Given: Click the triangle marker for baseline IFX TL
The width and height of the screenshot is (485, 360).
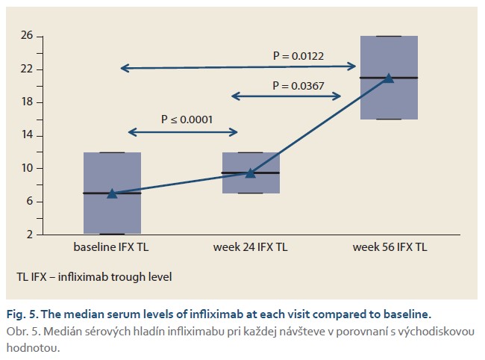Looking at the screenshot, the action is point(112,193).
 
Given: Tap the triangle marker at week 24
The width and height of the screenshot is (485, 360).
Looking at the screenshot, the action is point(251,173).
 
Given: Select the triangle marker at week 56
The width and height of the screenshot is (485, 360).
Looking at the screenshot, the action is point(389,78).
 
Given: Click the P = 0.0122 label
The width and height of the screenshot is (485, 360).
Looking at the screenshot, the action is point(298,56).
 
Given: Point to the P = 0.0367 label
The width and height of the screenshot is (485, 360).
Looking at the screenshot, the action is point(298,86).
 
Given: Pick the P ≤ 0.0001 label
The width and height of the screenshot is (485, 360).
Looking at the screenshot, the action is point(187,120).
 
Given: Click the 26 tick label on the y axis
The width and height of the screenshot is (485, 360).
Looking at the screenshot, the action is point(27,35).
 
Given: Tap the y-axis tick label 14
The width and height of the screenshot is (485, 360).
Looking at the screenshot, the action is point(27,134).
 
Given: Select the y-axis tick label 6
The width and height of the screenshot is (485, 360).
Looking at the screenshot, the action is point(30,201).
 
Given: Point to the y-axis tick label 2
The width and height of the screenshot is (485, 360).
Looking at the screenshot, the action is point(30,235).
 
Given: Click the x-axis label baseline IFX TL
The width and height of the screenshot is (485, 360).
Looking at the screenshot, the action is point(111,247).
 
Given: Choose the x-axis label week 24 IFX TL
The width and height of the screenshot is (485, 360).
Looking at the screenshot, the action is point(250,247).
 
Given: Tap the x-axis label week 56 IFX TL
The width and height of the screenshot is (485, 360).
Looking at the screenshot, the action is point(389,247).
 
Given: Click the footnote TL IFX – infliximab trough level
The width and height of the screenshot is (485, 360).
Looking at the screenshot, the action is point(94,277).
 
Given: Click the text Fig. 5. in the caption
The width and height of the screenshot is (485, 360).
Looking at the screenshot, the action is point(22,314).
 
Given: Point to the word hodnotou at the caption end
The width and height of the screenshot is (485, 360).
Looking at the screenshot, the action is point(33,348).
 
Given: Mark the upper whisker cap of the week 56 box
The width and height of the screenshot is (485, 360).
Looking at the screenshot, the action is point(389,36).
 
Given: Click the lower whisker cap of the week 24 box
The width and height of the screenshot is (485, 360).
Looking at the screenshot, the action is point(251,193).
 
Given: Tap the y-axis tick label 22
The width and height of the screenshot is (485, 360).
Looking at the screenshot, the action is point(27,69).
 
